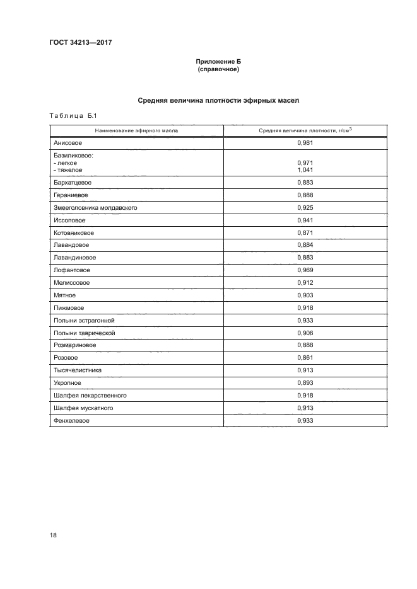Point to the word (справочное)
click(218, 70)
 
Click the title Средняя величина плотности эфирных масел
click(218, 100)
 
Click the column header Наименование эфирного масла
click(136, 130)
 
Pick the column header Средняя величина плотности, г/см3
click(305, 130)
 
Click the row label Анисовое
click(68, 143)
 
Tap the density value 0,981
click(305, 143)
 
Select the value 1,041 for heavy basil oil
click(305, 169)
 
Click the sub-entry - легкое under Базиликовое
click(66, 163)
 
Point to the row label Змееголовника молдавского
click(95, 207)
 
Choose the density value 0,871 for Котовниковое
click(305, 232)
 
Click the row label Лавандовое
click(71, 245)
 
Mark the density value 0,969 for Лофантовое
click(305, 270)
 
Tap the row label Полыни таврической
click(85, 333)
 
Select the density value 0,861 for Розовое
click(305, 358)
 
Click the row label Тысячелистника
click(78, 370)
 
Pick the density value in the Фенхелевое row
click(305, 420)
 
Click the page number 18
click(53, 535)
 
